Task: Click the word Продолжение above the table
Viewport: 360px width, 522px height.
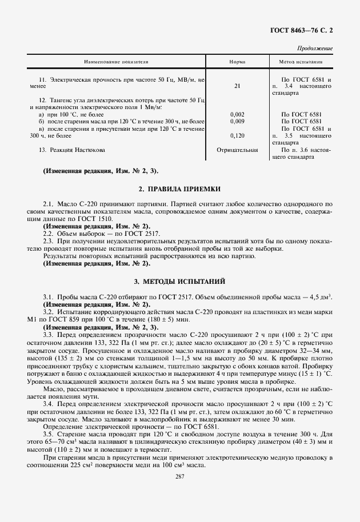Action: point(315,49)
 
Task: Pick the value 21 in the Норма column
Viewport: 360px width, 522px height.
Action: point(237,86)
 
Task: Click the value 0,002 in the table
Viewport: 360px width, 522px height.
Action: point(237,115)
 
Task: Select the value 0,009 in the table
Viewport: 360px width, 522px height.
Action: point(237,122)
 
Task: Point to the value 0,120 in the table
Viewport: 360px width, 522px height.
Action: point(237,136)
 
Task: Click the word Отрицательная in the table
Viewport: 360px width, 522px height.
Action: point(237,150)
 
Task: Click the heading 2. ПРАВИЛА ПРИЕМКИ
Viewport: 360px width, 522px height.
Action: point(179,188)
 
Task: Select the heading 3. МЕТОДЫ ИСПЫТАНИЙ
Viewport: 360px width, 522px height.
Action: point(179,282)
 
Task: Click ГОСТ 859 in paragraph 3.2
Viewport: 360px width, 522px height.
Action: point(64,320)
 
